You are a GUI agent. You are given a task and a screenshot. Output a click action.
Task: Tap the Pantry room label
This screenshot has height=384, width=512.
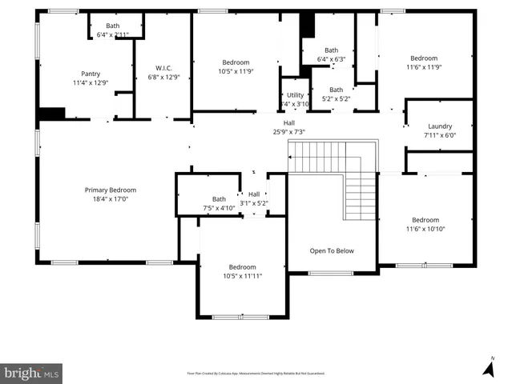(91, 74)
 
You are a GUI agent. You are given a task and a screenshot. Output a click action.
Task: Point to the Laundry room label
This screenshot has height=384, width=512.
(440, 126)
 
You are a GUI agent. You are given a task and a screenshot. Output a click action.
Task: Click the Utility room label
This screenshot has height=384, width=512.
(295, 95)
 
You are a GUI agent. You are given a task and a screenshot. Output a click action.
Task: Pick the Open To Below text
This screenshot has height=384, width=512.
(332, 250)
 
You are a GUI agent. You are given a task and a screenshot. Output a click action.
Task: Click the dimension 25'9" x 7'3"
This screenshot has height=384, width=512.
(288, 132)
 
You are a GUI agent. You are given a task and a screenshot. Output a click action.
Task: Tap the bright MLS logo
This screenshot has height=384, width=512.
(32, 373)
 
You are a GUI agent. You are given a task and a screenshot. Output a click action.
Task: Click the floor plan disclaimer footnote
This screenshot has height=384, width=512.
(261, 373)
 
